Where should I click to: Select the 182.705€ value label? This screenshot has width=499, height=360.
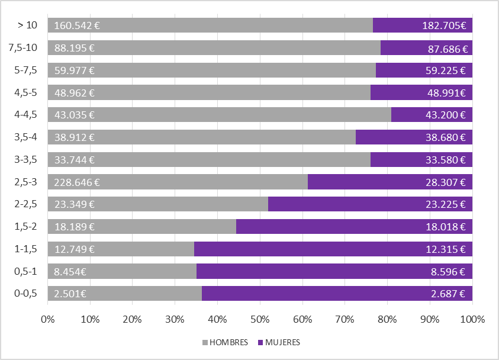click(444, 26)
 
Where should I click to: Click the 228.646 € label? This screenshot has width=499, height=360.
click(76, 182)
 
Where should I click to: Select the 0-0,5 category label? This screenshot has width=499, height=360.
click(26, 294)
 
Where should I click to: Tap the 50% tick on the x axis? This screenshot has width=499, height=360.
click(260, 320)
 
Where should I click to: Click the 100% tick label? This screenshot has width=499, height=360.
click(472, 320)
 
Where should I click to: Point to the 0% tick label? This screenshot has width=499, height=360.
click(47, 320)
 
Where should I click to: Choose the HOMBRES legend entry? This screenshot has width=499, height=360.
click(226, 342)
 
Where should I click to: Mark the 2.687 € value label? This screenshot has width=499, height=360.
click(448, 294)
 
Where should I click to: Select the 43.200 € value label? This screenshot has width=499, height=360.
click(446, 115)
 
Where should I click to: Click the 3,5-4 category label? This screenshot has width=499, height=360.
click(25, 137)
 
